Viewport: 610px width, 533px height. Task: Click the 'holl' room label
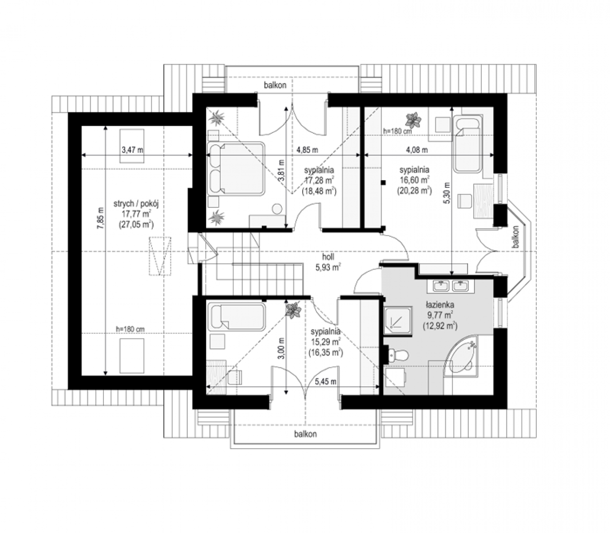point(328,257)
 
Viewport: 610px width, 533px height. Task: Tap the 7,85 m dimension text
point(102,218)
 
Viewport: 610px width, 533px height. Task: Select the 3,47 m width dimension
point(132,150)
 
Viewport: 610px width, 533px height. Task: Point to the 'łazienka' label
point(440,305)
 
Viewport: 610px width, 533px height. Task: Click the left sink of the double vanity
point(441,286)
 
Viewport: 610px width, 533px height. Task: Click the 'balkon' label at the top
point(275,85)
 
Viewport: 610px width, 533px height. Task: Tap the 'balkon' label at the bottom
point(305,434)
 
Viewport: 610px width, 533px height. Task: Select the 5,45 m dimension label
point(325,381)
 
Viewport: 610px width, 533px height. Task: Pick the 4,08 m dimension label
point(416,150)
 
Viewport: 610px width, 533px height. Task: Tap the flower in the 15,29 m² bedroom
point(293,310)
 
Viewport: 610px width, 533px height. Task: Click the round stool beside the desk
point(277,208)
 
